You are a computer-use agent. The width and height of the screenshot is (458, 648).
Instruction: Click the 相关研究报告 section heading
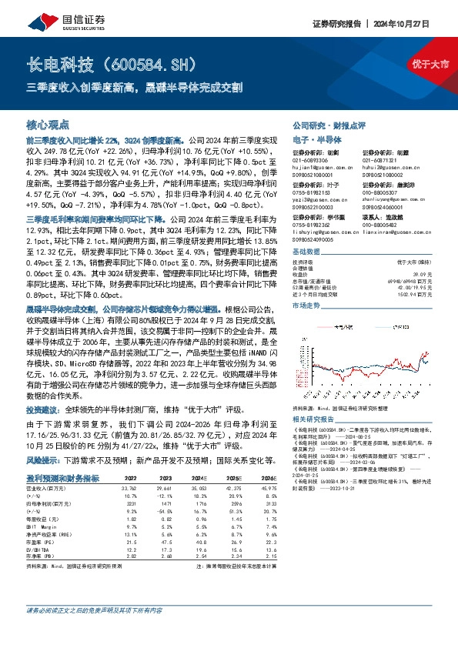[x=314, y=419]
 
